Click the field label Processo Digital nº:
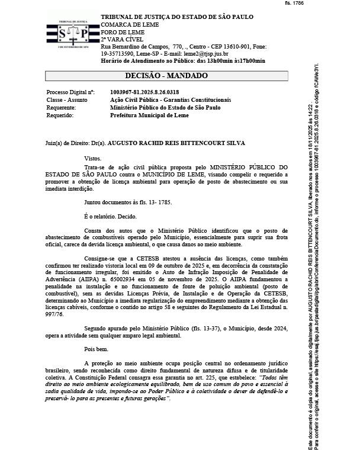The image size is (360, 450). [70, 92]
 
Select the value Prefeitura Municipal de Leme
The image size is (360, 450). [149, 115]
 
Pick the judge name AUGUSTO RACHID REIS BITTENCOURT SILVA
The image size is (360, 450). [176, 143]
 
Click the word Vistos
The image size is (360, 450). [93, 159]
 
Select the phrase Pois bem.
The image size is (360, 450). [97, 349]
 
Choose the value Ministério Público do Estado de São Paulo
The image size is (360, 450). [165, 108]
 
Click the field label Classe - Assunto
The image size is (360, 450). [66, 100]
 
